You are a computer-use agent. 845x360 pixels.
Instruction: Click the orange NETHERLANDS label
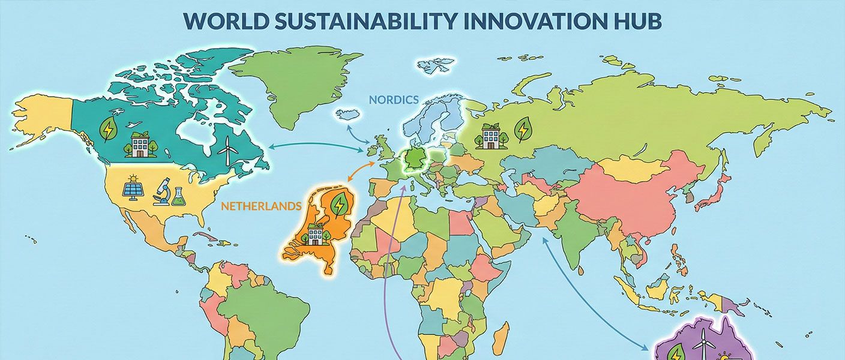(261, 206)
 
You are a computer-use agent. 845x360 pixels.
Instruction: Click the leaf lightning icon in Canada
(109, 128)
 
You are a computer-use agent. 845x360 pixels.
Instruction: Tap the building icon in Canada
(140, 145)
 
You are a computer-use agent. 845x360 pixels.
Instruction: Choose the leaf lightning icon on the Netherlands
(340, 205)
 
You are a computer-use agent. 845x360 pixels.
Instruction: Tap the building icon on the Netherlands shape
(315, 234)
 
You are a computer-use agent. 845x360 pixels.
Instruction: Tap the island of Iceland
(346, 114)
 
